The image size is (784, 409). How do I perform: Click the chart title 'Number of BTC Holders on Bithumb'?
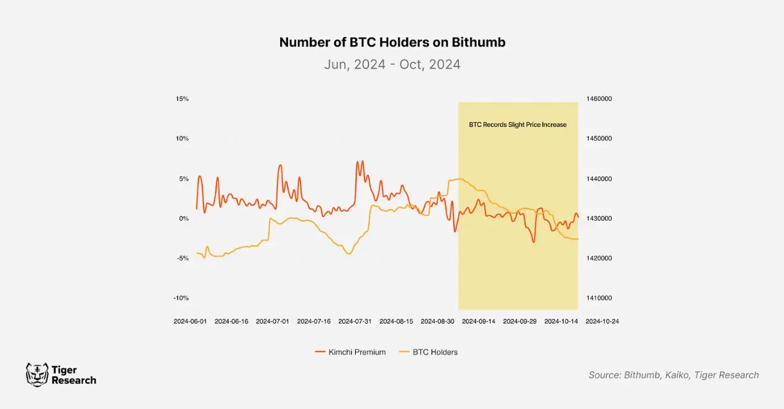pyautogui.click(x=392, y=43)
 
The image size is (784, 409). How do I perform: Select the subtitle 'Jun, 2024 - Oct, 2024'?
pyautogui.click(x=392, y=64)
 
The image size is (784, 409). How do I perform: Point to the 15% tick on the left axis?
pyautogui.click(x=182, y=99)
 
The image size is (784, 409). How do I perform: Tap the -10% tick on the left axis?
pyautogui.click(x=181, y=298)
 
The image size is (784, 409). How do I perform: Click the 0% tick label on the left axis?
pyautogui.click(x=184, y=218)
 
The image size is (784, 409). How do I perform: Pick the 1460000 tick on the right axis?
pyautogui.click(x=598, y=99)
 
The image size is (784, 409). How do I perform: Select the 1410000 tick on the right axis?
pyautogui.click(x=598, y=298)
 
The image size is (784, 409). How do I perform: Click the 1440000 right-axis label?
pyautogui.click(x=598, y=179)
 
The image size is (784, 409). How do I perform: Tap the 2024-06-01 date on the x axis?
pyautogui.click(x=190, y=321)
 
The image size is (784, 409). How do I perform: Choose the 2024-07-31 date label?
pyautogui.click(x=355, y=321)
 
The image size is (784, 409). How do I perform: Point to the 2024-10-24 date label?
pyautogui.click(x=602, y=321)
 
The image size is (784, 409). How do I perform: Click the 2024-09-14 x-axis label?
pyautogui.click(x=479, y=321)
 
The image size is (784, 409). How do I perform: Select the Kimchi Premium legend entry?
pyautogui.click(x=350, y=352)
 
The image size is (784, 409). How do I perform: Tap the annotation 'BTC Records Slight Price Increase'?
pyautogui.click(x=518, y=125)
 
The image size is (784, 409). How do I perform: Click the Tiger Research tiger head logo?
pyautogui.click(x=37, y=374)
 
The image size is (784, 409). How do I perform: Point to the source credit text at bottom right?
pyautogui.click(x=674, y=375)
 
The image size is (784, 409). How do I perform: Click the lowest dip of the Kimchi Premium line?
pyautogui.click(x=534, y=242)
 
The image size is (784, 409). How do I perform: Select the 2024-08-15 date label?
pyautogui.click(x=396, y=321)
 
